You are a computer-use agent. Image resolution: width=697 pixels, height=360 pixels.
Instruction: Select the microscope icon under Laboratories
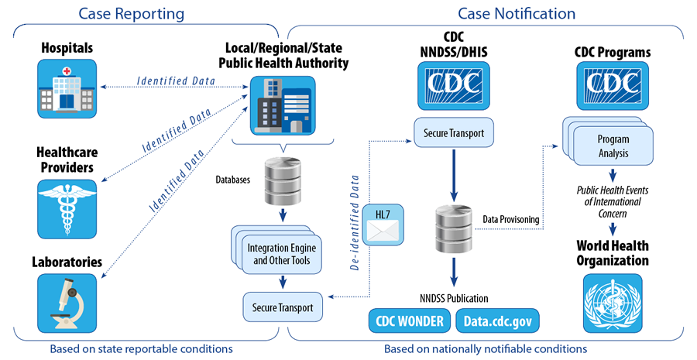tap(68, 303)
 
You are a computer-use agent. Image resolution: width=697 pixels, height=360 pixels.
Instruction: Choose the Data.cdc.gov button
tap(496, 320)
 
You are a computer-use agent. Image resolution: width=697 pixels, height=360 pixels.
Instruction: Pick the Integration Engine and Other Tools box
tap(279, 254)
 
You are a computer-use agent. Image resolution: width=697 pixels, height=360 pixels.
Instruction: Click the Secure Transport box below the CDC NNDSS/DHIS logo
tap(453, 133)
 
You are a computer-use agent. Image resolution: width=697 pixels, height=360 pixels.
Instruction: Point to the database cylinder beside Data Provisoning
tap(453, 225)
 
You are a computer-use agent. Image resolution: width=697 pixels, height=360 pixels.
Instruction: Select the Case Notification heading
tap(517, 14)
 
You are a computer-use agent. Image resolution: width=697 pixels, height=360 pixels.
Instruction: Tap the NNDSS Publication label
tap(453, 298)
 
